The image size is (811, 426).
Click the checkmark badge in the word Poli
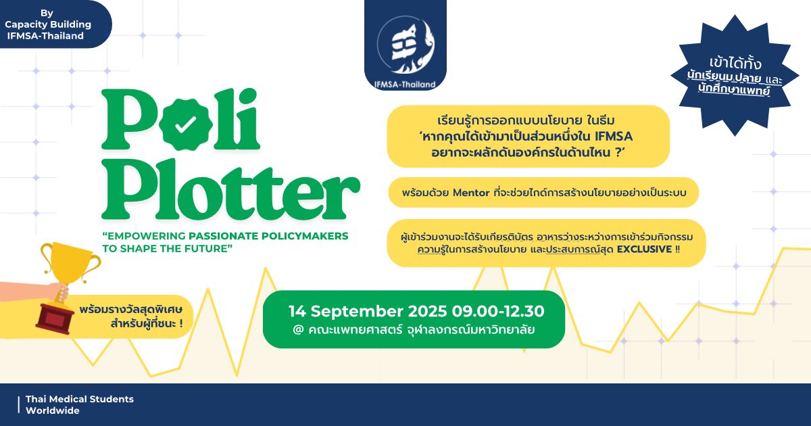coord(186,124)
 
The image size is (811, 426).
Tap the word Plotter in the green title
coord(230,189)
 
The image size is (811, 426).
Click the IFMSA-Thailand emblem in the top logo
coord(405,45)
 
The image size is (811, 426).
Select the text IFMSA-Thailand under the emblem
coord(405,85)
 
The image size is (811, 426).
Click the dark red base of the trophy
coord(55,318)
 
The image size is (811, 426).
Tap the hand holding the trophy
coord(59,292)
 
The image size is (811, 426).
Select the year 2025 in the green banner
coord(427,312)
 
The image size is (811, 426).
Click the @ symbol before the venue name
coord(298,330)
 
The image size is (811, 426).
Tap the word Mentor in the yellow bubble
coord(471,193)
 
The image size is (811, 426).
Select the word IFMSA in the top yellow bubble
coord(614,137)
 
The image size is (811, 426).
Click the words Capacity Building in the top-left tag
coord(48,24)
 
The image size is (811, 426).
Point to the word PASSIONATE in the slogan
coord(223,236)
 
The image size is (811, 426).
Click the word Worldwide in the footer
coord(53,411)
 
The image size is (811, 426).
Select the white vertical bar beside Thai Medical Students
coord(18,405)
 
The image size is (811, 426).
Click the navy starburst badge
coord(735,76)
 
